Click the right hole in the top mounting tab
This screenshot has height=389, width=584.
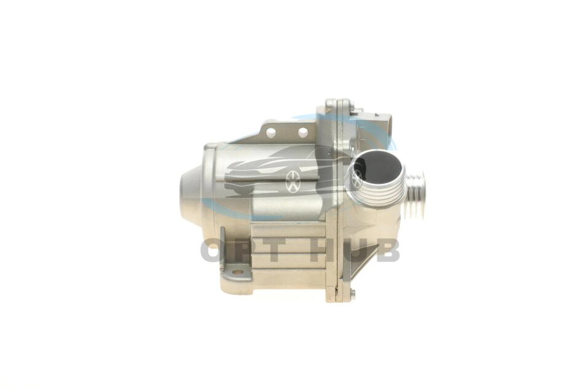303,132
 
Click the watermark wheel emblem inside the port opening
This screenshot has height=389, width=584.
357,178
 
